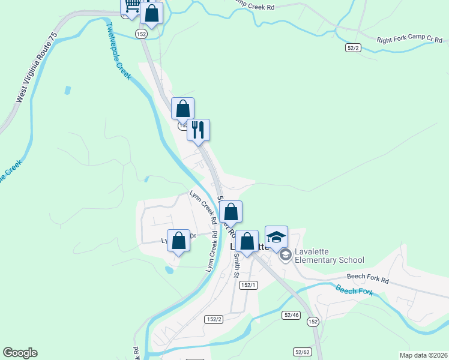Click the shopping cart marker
(132, 6)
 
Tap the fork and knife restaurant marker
(198, 130)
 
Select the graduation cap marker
(276, 236)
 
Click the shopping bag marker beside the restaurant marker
(183, 109)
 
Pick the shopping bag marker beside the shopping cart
(152, 13)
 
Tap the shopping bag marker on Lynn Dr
(178, 241)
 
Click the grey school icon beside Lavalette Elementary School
(285, 256)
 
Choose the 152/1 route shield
(248, 286)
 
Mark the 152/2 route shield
(213, 319)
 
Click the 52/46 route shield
(292, 314)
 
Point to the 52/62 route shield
(302, 352)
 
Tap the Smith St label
(237, 265)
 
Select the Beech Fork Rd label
(368, 280)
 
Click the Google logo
(20, 353)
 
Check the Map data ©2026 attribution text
(423, 355)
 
